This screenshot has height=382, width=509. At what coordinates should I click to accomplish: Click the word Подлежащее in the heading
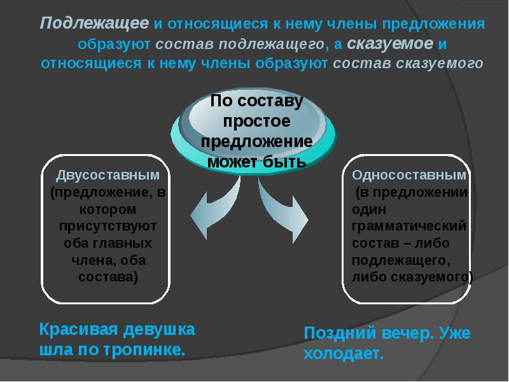coord(94,24)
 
